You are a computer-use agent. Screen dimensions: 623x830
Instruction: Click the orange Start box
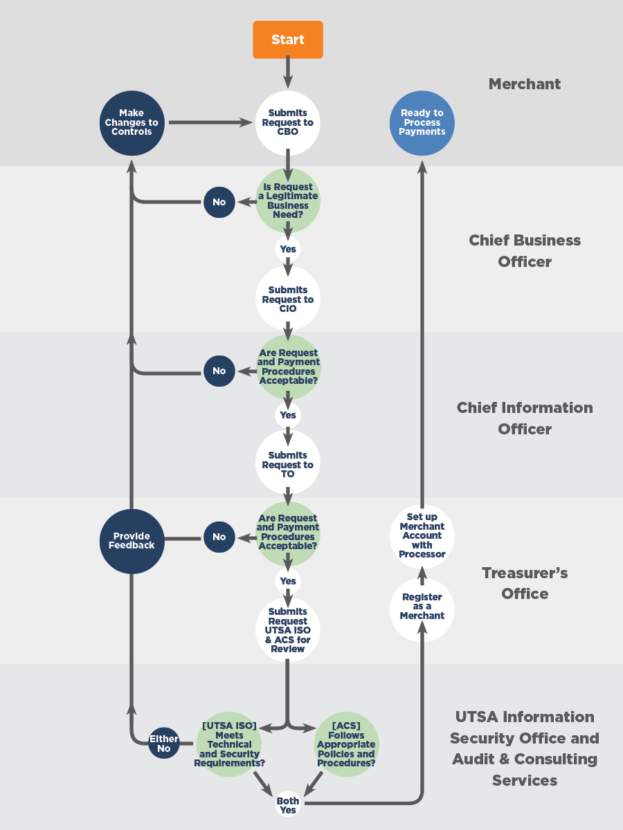(x=288, y=39)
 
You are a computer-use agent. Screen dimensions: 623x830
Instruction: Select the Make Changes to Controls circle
(x=132, y=123)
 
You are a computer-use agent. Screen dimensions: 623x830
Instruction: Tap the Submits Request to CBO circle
(x=288, y=122)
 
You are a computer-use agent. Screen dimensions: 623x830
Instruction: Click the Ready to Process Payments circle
(x=422, y=123)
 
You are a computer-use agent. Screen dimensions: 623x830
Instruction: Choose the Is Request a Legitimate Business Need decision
(x=288, y=201)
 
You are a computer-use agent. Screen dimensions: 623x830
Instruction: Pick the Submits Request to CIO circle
(x=288, y=299)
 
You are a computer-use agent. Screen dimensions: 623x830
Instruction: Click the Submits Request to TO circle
(x=288, y=463)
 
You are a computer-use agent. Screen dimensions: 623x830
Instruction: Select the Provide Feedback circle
(x=132, y=541)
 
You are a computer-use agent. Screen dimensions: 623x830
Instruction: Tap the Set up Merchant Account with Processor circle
(x=422, y=536)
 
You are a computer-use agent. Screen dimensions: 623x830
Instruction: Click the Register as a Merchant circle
(x=422, y=609)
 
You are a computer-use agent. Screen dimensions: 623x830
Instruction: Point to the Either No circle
(x=164, y=743)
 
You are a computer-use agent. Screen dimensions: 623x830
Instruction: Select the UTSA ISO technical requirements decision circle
(x=229, y=744)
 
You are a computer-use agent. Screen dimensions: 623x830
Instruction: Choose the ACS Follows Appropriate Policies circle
(x=347, y=744)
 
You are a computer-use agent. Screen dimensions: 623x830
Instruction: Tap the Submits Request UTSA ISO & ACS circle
(x=288, y=630)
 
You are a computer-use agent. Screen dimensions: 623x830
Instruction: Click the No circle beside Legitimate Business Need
(x=219, y=202)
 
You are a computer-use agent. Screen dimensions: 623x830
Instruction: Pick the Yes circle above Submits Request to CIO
(x=288, y=249)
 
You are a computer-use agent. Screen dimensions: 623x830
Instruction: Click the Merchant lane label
(x=525, y=84)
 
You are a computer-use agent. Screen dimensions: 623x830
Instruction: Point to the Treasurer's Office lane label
(x=525, y=583)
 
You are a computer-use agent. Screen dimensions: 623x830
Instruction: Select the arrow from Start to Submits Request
(x=288, y=72)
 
